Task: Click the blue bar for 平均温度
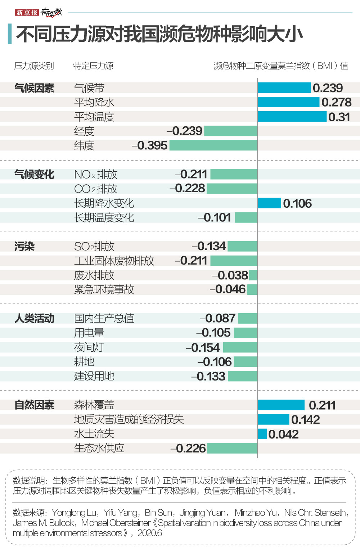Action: pyautogui.click(x=292, y=117)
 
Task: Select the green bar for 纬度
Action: pyautogui.click(x=213, y=145)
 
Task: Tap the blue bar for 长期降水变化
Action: pyautogui.click(x=269, y=203)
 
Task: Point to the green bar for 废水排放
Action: pyautogui.click(x=253, y=275)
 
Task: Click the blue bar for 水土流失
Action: pyautogui.click(x=262, y=434)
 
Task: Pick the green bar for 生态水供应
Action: pyautogui.click(x=232, y=448)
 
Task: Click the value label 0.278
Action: pyautogui.click(x=336, y=102)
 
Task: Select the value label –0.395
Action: pyautogui.click(x=149, y=145)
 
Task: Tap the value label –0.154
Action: pyautogui.click(x=203, y=347)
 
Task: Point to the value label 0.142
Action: pyautogui.click(x=305, y=419)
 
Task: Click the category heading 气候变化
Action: pyautogui.click(x=34, y=175)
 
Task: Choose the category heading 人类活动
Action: pyautogui.click(x=34, y=319)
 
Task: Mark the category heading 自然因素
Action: pyautogui.click(x=34, y=405)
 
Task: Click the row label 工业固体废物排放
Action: pyautogui.click(x=114, y=261)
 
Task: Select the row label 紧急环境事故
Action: pyautogui.click(x=104, y=290)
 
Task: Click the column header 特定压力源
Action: pyautogui.click(x=93, y=66)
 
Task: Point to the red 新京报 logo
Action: pyautogui.click(x=27, y=13)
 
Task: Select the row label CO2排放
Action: pyautogui.click(x=96, y=189)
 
